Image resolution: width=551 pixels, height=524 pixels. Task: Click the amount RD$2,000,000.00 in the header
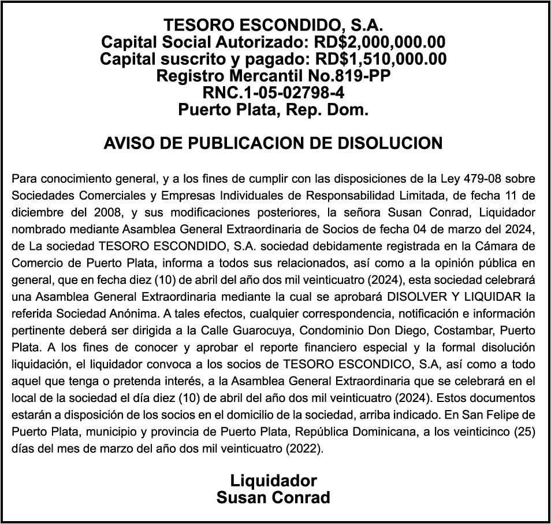tap(379, 42)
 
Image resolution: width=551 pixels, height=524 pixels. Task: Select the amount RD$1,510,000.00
tap(380, 59)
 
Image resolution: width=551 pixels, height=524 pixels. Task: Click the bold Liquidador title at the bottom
tap(274, 481)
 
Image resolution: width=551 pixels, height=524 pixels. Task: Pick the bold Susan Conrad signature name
tap(274, 497)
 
